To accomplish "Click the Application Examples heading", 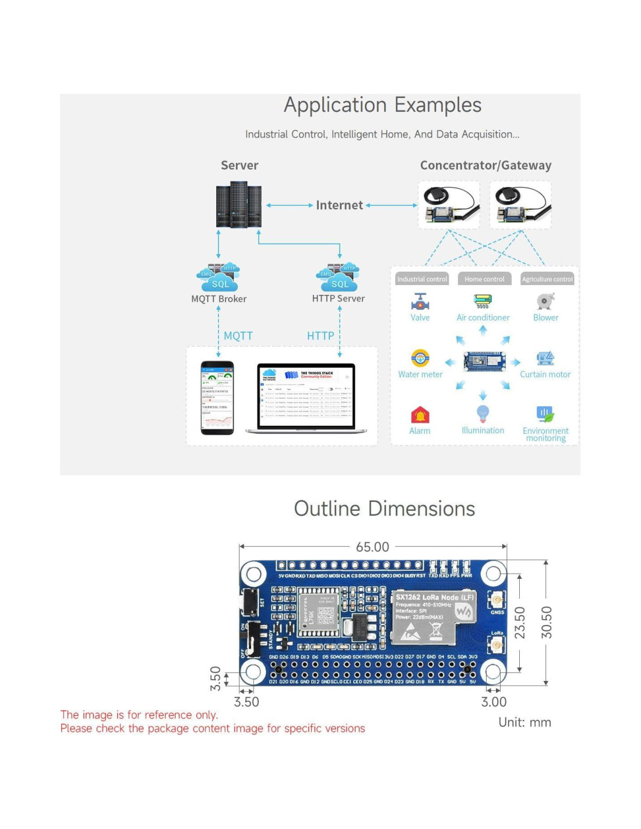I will coord(382,106).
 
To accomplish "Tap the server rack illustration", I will coord(239,205).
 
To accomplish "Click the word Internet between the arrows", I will coord(339,205).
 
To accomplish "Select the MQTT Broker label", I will coord(219,299).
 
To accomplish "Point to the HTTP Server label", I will coord(338,298).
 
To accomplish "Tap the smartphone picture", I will coord(217,398).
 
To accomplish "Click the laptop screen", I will coord(306,396).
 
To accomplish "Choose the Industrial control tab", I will coord(422,279).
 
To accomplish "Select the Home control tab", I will coord(484,279).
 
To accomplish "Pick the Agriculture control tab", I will coord(547,279).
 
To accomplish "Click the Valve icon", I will coord(420,301).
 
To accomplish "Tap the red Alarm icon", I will coord(420,414).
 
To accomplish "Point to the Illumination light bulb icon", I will coord(482,413).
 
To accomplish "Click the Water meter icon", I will coord(420,357).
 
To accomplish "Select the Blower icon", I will coord(545,301).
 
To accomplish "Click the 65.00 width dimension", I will coord(372,547).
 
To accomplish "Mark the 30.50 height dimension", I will coord(546,623).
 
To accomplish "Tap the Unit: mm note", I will coord(524,722).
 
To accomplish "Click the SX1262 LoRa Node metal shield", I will coord(434,618).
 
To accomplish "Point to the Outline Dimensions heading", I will coord(384,509).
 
